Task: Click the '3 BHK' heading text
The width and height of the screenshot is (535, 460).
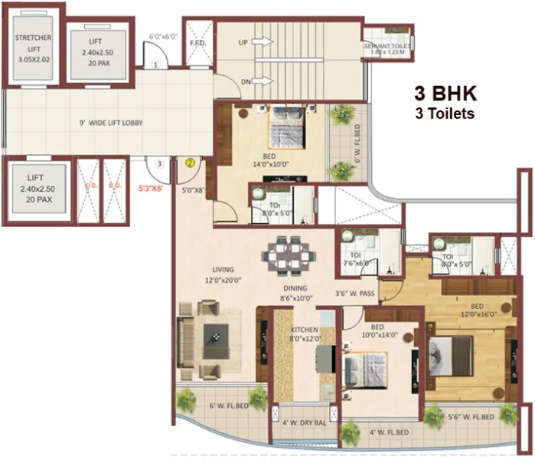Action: [x=445, y=94]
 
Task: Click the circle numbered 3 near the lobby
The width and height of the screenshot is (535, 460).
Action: [x=158, y=163]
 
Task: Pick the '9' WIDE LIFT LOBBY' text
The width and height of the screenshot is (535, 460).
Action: [x=111, y=123]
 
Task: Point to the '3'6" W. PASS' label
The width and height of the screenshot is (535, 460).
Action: [x=354, y=293]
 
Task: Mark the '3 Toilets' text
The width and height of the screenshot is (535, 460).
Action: [x=445, y=113]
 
